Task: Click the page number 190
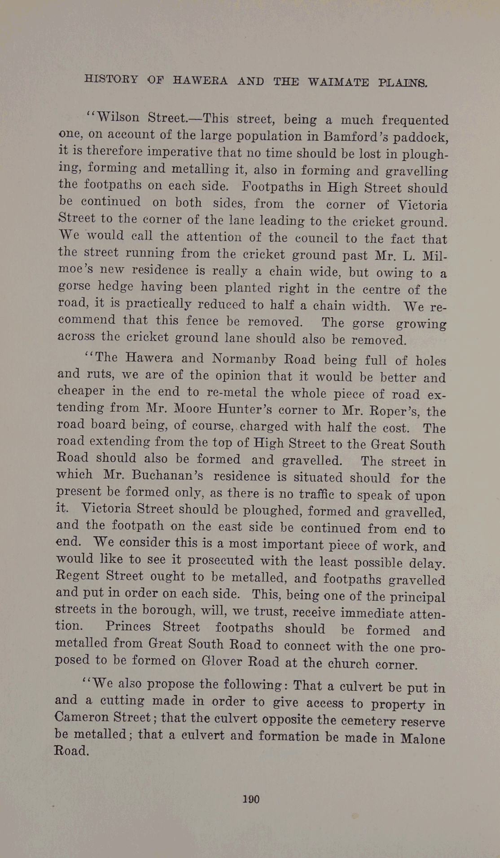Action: tap(251, 799)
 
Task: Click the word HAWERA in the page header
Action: tap(200, 80)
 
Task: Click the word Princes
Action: tap(128, 626)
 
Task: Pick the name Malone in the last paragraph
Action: tap(423, 739)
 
